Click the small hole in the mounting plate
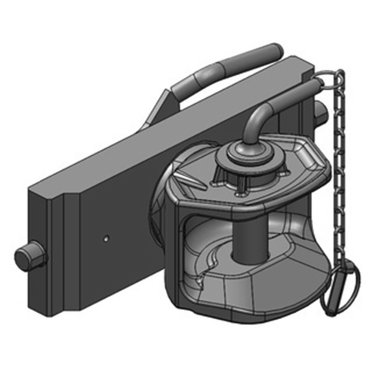coord(106,238)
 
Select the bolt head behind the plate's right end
coord(320,110)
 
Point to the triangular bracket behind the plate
coord(156,112)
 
